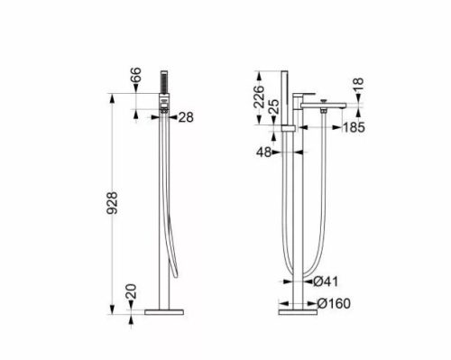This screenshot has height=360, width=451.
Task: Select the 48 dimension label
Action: tap(263, 153)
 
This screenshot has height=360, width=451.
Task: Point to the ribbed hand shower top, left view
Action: tap(166, 82)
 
